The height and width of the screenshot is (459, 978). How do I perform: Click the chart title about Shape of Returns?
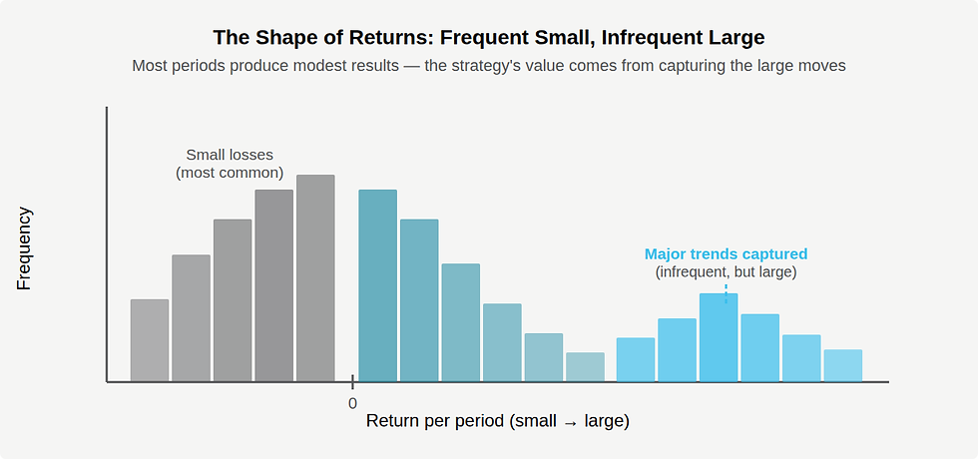coord(489,38)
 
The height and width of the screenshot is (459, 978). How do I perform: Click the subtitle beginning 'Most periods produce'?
coord(489,66)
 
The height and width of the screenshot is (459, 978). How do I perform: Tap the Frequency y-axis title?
coord(25,248)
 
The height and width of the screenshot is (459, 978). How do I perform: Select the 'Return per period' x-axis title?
coord(497,421)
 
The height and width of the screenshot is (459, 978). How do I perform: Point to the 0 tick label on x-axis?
coord(352,403)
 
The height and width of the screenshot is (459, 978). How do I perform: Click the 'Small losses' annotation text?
coord(230,155)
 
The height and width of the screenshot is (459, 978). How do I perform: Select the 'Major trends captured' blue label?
coord(726,254)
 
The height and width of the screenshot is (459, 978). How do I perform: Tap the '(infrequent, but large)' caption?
coord(726,272)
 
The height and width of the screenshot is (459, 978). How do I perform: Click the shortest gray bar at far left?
coord(150,340)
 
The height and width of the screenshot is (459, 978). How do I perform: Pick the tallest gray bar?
coord(315,278)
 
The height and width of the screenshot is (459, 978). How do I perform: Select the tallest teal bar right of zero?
coord(377,285)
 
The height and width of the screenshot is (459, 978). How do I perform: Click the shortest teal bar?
coord(585,367)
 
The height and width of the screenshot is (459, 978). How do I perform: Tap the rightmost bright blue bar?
coord(843,365)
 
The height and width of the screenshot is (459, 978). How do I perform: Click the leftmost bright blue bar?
coord(636,359)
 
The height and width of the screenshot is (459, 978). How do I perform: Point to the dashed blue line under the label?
coord(726,287)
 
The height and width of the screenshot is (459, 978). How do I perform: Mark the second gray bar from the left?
coord(191,318)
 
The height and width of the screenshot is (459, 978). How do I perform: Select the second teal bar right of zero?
coord(419,300)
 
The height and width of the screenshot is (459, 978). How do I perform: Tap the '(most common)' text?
coord(230,173)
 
